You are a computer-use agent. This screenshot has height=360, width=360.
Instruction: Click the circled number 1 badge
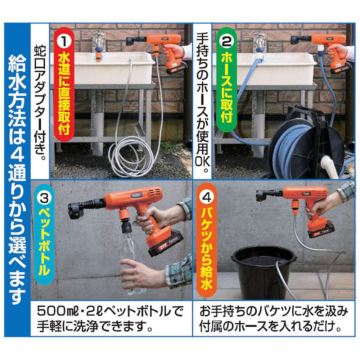pos(64,41)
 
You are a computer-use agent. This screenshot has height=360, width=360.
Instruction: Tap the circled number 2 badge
pos(226,41)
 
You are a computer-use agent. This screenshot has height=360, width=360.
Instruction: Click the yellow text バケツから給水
pos(207,249)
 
